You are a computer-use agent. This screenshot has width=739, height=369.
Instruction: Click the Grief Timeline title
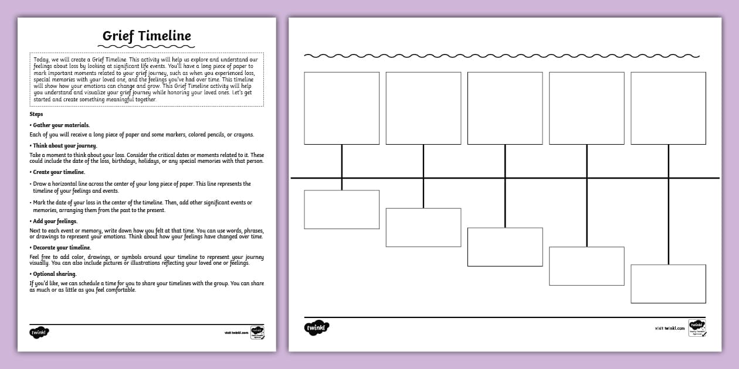147,36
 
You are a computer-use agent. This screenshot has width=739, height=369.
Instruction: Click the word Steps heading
36,114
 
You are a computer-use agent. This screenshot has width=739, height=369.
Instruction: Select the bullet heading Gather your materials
60,125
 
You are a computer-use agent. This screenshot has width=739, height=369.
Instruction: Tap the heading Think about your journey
65,145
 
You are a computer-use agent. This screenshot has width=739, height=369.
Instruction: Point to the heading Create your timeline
59,172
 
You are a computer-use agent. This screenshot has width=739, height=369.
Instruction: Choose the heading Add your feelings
55,221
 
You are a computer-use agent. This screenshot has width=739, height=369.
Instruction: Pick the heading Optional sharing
55,274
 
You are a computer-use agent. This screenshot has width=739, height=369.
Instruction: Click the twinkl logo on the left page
39,332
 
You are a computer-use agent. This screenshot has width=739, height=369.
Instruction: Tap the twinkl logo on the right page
317,327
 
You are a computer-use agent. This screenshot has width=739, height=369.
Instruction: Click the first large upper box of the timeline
341,108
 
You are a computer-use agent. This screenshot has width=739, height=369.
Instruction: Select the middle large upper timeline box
505,108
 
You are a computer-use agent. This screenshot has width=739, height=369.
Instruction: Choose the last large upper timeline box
668,108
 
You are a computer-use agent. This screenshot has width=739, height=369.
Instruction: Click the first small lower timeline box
341,210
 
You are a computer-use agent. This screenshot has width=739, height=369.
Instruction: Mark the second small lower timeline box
423,227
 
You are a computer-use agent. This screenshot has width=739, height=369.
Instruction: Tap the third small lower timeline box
505,247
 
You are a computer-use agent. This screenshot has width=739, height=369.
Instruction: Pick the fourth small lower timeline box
587,266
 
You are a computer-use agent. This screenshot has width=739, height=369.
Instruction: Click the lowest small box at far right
668,284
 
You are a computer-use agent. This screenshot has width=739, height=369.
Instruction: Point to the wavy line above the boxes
501,56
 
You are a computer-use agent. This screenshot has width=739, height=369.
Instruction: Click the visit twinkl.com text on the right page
670,329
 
